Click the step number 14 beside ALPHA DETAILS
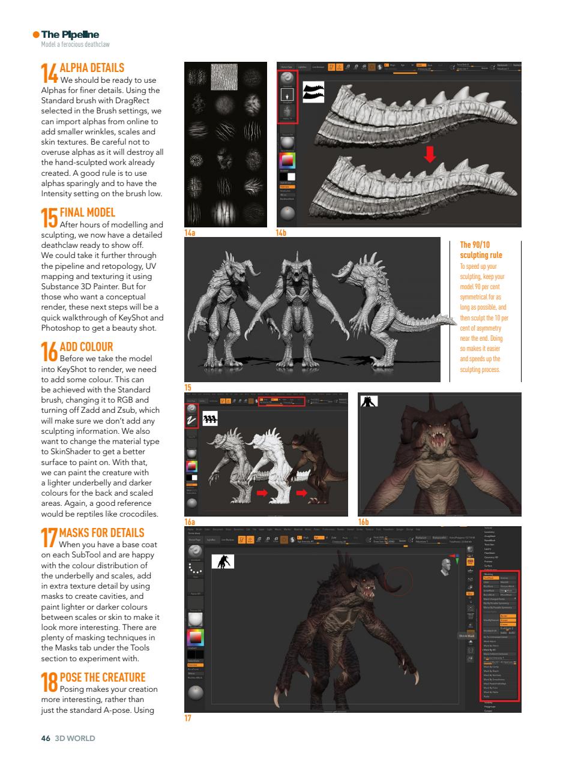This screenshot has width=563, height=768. pos(49,73)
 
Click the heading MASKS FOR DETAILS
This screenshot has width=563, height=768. pos(101,532)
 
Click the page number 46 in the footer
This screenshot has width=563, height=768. pos(45,738)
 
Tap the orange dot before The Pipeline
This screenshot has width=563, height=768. pos(36,35)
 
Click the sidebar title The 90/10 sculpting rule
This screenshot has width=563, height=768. pos(481,250)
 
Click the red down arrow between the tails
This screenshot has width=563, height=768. pos(429,155)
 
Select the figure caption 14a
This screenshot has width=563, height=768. pos(190,232)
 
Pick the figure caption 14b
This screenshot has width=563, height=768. pos(281,232)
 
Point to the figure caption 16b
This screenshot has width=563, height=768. pos(363,521)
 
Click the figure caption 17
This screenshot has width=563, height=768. pos(188,718)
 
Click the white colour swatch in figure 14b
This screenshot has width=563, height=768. pos(291,176)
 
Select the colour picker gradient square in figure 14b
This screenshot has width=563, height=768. pos(288,160)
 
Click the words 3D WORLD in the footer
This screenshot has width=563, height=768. pos(75,738)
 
